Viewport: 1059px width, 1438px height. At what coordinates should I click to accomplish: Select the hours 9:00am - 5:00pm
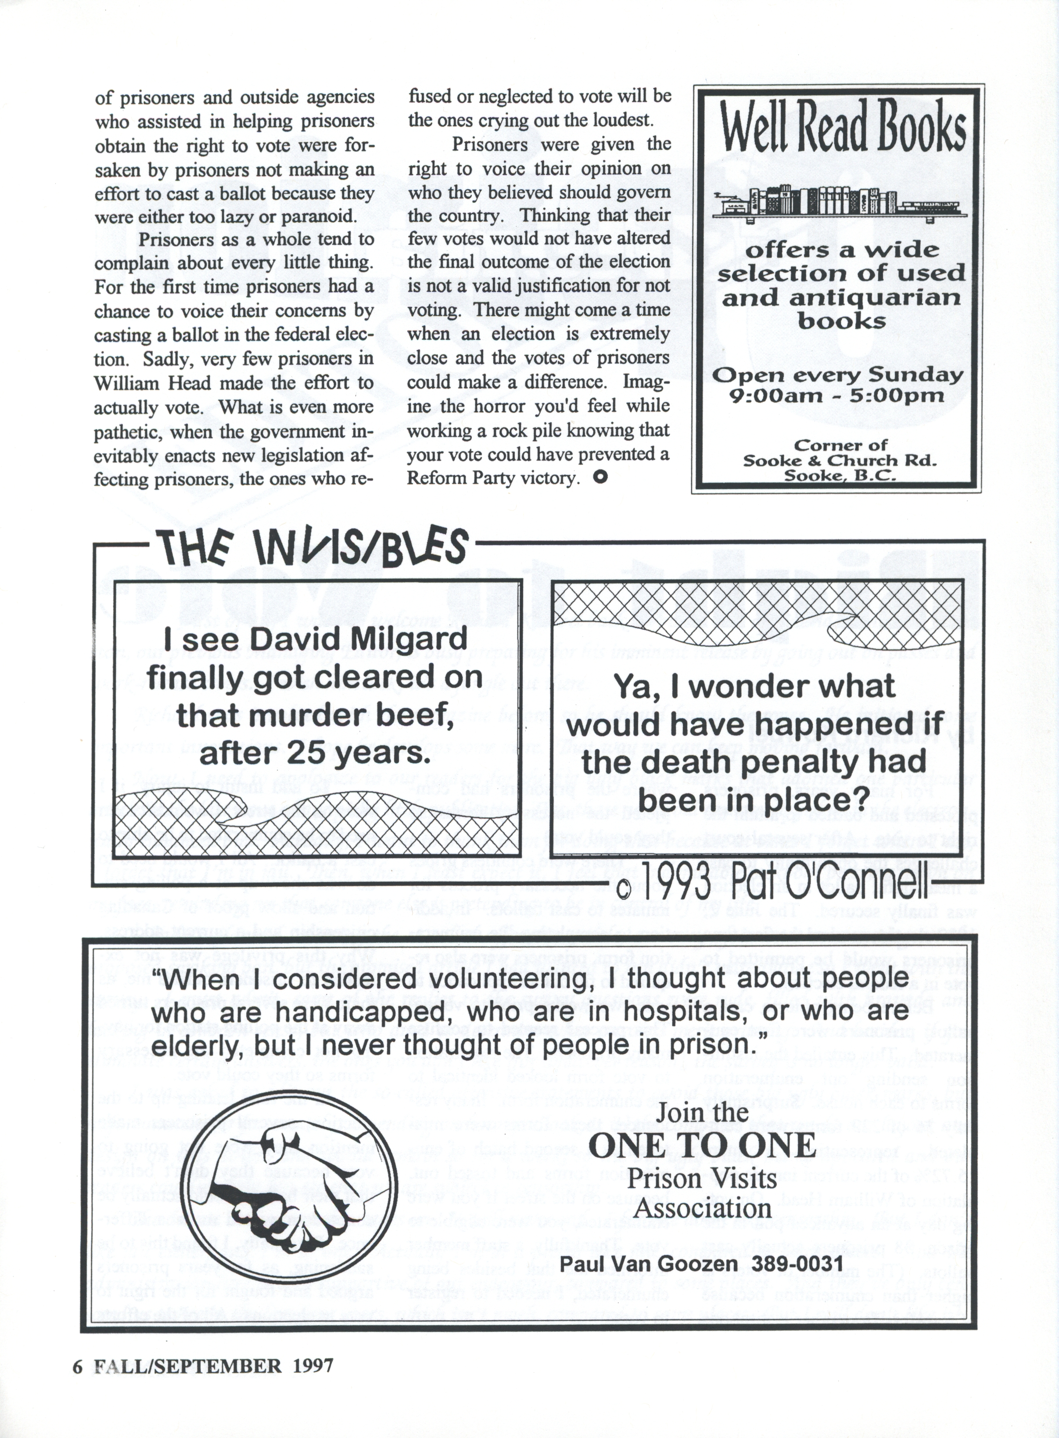pos(838,395)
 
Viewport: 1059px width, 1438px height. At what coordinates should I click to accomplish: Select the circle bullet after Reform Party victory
pos(600,477)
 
